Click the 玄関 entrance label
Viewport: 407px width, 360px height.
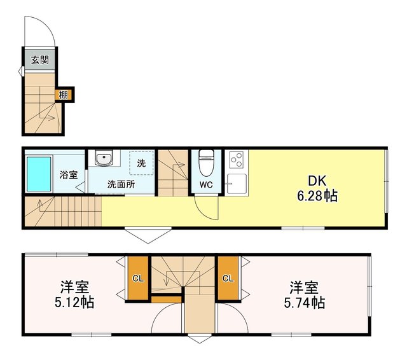pos(39,60)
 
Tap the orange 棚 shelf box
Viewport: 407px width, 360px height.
pos(64,95)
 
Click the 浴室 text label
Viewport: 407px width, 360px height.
pos(69,174)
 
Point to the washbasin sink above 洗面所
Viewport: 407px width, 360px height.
pos(103,158)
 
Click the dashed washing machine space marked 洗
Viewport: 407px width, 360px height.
pos(141,162)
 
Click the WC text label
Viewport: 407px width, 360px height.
pos(206,185)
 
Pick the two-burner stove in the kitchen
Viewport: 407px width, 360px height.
pos(236,158)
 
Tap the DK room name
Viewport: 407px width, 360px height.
pos(317,181)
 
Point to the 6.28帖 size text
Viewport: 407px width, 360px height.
pos(317,196)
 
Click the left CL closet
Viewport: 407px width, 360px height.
pos(137,278)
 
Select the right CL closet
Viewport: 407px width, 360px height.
pos(228,278)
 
